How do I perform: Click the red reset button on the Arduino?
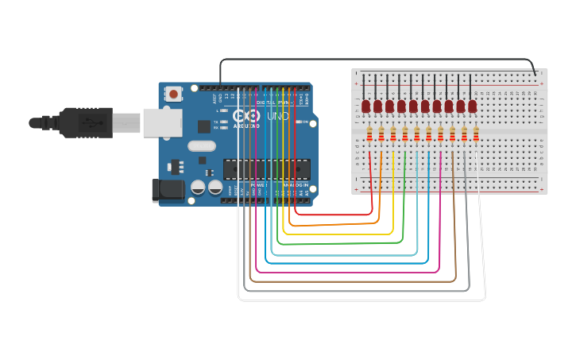pos(173,95)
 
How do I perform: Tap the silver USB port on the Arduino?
pos(162,123)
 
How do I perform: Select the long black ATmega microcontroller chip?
pos(266,168)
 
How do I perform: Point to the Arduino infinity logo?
pos(246,116)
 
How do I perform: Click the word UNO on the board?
pos(278,116)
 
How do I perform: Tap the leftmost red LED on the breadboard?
pos(366,106)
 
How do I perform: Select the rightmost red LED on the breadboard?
pos(472,106)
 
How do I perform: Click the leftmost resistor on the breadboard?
pos(369,135)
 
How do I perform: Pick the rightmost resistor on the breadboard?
pos(476,135)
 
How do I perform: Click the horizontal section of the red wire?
pos(334,215)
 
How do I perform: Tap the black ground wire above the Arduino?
pos(373,59)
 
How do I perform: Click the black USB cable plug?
pos(79,123)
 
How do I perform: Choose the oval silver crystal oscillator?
pos(202,145)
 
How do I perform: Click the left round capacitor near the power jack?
pos(199,188)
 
